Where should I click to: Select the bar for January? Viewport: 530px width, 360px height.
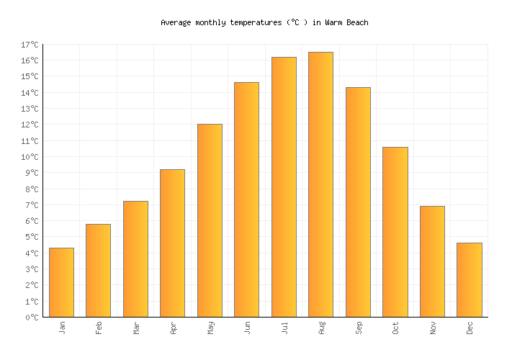61,282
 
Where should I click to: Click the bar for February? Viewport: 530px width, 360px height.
98,270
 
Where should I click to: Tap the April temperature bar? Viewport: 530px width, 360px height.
172,243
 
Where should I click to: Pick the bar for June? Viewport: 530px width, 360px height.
246,199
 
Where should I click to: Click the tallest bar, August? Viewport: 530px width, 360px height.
320,184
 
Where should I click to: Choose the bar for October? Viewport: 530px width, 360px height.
395,232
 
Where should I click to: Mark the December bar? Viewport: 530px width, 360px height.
469,279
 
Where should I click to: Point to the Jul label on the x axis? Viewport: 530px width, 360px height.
284,328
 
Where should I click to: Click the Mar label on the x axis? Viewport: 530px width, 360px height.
136,328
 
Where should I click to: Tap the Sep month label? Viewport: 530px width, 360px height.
359,328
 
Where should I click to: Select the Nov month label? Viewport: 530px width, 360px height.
433,328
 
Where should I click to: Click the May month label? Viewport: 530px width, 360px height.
210,328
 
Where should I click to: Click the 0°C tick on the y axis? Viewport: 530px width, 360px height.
32,317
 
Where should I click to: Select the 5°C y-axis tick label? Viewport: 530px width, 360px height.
32,237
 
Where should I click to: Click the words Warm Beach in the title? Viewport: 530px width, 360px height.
346,22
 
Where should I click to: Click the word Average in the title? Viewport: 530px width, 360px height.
176,22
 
